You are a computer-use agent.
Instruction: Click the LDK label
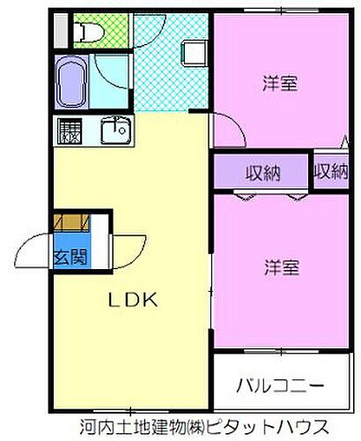click(x=132, y=300)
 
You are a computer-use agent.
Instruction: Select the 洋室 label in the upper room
click(x=280, y=84)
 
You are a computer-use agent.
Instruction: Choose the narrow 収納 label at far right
click(x=331, y=172)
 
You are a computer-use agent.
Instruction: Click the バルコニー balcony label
click(x=280, y=386)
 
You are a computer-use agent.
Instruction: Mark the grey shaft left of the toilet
click(x=60, y=32)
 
